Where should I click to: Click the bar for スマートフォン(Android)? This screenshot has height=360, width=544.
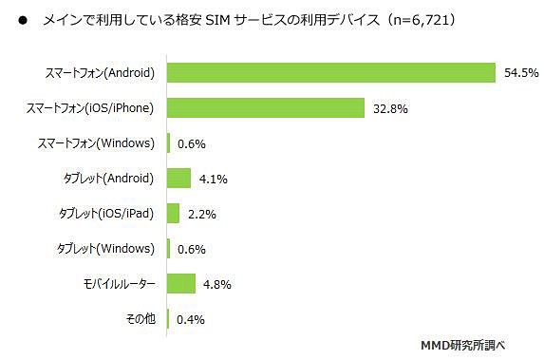(x=331, y=72)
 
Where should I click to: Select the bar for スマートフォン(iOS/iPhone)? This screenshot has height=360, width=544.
(x=266, y=107)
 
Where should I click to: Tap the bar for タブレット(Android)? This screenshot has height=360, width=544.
(x=178, y=178)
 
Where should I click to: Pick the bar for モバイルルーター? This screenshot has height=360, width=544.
(x=181, y=283)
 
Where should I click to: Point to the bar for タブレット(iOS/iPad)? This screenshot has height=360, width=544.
(x=173, y=213)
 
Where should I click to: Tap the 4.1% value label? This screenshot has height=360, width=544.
(x=213, y=179)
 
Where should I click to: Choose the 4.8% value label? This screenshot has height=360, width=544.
(x=216, y=284)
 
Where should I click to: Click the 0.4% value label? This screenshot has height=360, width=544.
(x=192, y=319)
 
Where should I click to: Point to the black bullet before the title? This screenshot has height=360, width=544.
(x=21, y=20)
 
